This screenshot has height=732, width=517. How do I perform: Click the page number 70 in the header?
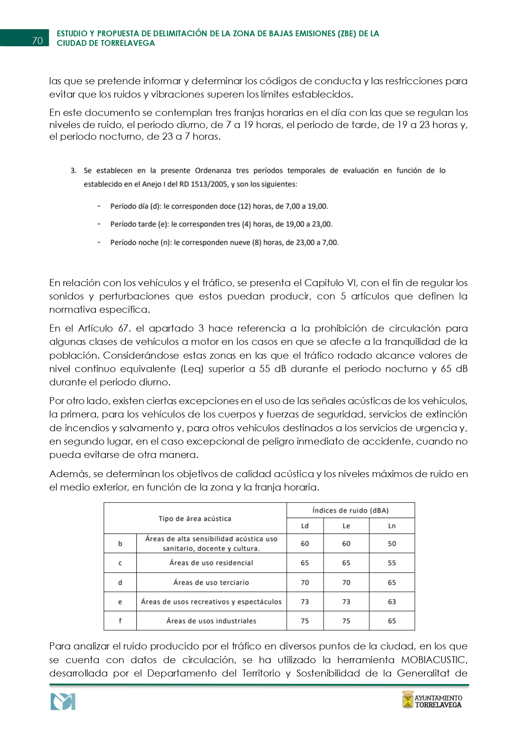point(38,40)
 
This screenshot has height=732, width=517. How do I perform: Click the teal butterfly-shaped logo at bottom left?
point(63,702)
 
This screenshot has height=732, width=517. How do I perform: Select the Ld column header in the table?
point(305,526)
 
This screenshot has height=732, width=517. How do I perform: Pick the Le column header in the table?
point(346,526)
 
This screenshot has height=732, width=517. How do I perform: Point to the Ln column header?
point(392,526)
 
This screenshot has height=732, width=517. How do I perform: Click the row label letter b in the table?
point(120,543)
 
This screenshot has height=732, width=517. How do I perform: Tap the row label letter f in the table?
point(120,621)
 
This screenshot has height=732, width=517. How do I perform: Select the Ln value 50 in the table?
point(392,543)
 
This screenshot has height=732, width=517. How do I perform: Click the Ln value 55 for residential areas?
point(392,563)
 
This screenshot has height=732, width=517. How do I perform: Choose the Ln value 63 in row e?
point(392,601)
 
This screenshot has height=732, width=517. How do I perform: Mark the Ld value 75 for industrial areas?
point(305,621)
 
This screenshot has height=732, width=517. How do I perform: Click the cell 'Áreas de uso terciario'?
point(211,582)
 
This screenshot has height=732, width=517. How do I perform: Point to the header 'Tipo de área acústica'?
point(195,518)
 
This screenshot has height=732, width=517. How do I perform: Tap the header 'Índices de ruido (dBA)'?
point(350,510)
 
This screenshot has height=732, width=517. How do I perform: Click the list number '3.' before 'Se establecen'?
point(74,171)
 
